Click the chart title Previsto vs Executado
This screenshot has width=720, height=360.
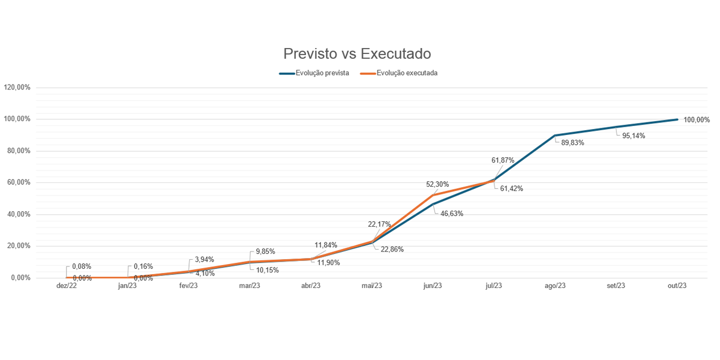(357, 54)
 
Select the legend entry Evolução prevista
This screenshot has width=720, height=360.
(322, 73)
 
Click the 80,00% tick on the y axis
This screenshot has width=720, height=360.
(19, 151)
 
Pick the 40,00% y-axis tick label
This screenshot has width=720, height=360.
(19, 214)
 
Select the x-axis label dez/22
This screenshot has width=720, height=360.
(67, 286)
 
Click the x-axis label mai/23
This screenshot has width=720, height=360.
(371, 286)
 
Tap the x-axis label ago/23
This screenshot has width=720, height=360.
(555, 286)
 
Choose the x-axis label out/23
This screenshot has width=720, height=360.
(677, 286)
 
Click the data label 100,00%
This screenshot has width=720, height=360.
(697, 120)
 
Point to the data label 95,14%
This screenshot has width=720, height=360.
(634, 136)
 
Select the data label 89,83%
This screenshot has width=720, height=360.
(572, 143)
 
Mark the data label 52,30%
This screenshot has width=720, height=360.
(437, 184)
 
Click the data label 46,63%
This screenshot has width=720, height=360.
(451, 214)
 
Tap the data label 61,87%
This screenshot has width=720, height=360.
(503, 160)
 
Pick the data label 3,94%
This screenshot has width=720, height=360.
(204, 260)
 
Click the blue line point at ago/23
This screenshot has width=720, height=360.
(555, 136)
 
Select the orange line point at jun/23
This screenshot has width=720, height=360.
(433, 195)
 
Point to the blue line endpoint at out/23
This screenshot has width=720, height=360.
(677, 119)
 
